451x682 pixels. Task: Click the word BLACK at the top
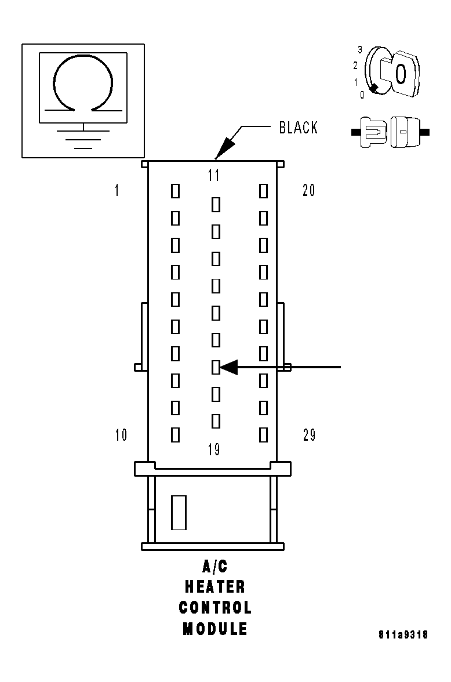tap(298, 128)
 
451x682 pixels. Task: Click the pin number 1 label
tap(117, 190)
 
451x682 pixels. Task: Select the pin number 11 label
tap(214, 175)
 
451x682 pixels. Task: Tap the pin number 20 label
tap(308, 190)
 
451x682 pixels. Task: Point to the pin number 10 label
tap(121, 435)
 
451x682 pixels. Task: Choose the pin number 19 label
tap(214, 449)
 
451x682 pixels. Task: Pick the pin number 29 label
tap(309, 435)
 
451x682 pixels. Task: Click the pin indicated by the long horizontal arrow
tap(216, 367)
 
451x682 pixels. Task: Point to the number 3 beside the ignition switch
tap(359, 50)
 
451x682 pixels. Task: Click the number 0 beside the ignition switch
tap(362, 95)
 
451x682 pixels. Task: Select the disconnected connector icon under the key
tap(390, 132)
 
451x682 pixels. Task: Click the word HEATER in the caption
tap(214, 587)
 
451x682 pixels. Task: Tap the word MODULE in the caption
tap(214, 629)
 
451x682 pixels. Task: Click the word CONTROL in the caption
tap(214, 608)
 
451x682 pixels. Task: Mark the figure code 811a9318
tap(403, 635)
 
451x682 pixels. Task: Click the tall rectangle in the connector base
tap(179, 512)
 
